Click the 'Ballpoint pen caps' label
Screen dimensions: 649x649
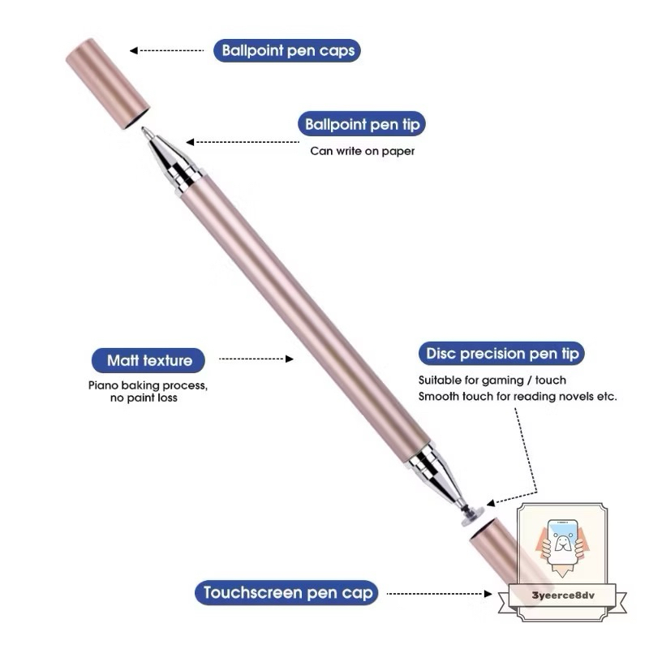click(288, 51)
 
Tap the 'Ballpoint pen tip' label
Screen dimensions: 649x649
click(364, 125)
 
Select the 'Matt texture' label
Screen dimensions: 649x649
click(149, 359)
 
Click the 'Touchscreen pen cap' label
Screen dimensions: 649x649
click(288, 593)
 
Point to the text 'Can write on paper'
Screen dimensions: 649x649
click(363, 151)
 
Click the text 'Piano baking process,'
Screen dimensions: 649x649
click(148, 385)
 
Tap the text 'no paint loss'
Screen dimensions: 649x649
click(144, 398)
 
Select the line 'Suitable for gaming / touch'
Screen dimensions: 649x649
click(492, 380)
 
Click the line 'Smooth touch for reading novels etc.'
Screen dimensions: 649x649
click(518, 397)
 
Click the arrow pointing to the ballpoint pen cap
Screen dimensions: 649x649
click(166, 51)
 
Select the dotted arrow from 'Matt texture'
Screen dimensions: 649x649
click(256, 358)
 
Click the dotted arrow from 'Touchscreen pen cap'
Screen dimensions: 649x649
click(439, 594)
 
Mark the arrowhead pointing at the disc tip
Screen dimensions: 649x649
click(491, 503)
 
